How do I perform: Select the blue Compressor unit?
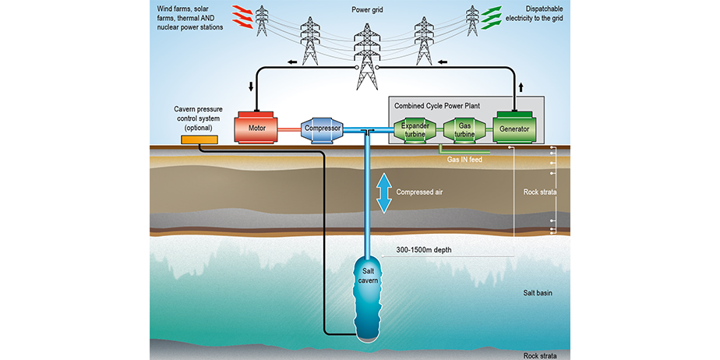click(x=323, y=129)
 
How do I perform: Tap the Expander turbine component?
click(x=410, y=129)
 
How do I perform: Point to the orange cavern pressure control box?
click(x=199, y=139)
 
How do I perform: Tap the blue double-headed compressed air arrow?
click(x=383, y=192)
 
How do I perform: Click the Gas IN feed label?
click(x=465, y=160)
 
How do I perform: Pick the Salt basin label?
click(x=540, y=293)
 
